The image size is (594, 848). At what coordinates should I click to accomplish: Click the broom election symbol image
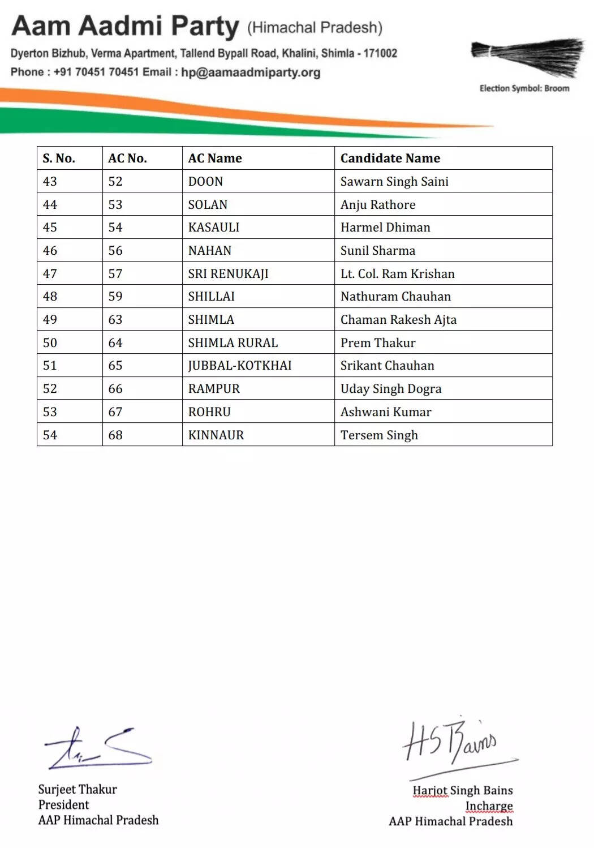click(528, 57)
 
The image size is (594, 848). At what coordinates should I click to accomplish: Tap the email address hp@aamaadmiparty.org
click(251, 72)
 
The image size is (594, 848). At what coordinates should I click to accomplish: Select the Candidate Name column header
click(390, 159)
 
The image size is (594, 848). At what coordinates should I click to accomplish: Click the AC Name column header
click(215, 159)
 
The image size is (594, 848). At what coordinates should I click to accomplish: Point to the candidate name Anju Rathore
click(378, 205)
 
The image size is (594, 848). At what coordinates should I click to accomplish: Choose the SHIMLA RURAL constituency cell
click(233, 343)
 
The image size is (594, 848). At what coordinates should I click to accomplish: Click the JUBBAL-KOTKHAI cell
click(240, 366)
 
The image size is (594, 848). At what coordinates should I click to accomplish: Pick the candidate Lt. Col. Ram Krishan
click(397, 274)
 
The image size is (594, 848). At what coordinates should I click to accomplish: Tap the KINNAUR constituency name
click(216, 435)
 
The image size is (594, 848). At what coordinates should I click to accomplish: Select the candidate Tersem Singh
click(379, 435)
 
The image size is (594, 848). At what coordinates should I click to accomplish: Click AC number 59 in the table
click(115, 297)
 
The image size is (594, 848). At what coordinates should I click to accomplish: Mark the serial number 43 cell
click(50, 182)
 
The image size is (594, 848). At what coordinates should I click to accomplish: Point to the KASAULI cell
click(214, 228)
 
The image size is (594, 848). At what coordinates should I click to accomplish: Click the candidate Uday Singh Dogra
click(391, 389)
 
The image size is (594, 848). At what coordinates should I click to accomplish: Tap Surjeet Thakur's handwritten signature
click(97, 748)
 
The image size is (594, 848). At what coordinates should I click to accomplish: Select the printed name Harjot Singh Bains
click(462, 790)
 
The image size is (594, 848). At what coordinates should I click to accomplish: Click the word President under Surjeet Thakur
click(64, 805)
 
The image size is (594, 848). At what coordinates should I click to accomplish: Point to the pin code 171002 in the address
click(380, 54)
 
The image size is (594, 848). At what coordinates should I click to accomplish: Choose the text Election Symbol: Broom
click(524, 88)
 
